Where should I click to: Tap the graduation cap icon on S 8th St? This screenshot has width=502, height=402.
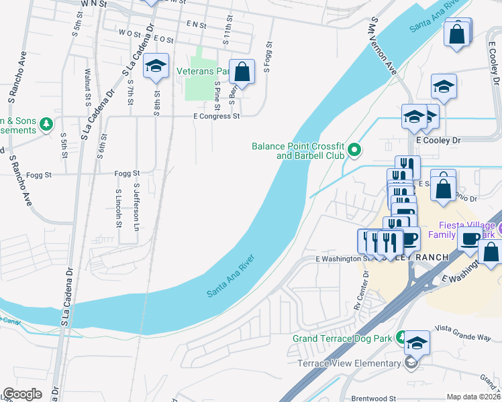[x=156, y=66]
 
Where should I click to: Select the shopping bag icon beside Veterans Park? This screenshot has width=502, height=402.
[x=242, y=71]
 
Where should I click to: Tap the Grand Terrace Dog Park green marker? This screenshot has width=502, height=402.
[x=401, y=337]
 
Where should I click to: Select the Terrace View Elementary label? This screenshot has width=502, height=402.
[x=349, y=364]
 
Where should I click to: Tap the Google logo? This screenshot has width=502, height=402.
[x=22, y=394]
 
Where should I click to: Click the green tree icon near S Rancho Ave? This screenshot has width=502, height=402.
[x=46, y=124]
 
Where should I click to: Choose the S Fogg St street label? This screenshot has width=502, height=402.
[x=267, y=56]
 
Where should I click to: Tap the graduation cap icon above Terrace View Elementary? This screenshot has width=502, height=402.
[x=417, y=343]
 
